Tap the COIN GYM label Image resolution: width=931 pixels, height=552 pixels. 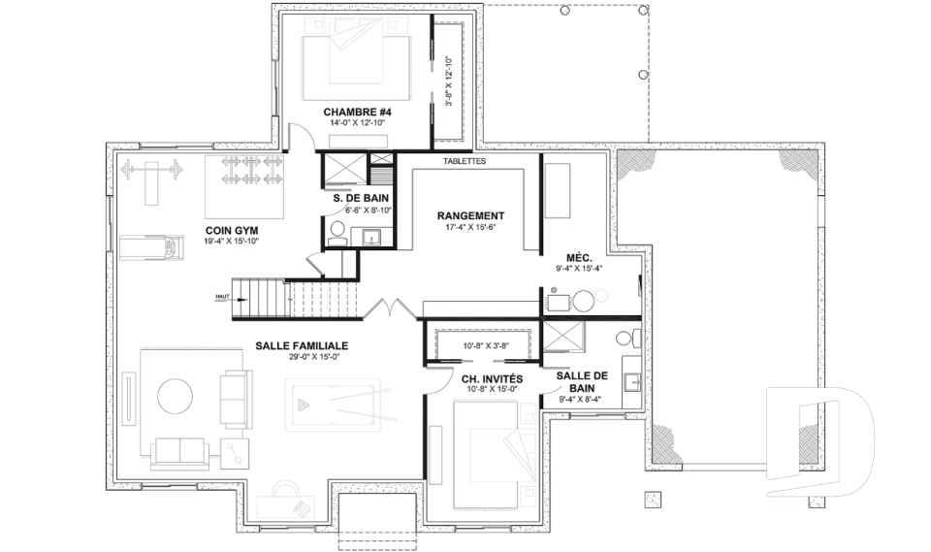click(231, 230)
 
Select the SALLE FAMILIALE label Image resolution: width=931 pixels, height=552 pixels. click(302, 345)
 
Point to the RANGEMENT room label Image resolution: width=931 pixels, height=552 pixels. click(470, 215)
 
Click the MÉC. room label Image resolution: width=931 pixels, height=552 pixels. click(579, 257)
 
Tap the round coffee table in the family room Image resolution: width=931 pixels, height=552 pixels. click(176, 396)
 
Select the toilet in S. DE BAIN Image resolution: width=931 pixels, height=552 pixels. click(337, 230)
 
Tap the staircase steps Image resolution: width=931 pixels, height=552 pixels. click(291, 298)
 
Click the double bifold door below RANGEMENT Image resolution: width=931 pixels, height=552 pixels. click(392, 310)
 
